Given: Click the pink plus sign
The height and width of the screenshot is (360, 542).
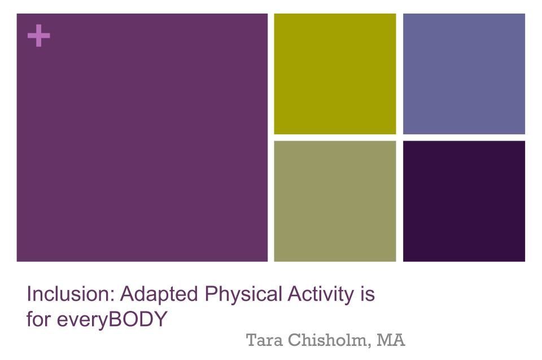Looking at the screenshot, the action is (x=39, y=35).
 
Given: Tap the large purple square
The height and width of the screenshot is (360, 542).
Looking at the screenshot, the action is (x=142, y=138).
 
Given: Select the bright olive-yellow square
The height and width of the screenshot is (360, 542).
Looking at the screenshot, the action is (x=335, y=73).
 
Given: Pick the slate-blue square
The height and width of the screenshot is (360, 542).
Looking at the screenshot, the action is (x=464, y=73).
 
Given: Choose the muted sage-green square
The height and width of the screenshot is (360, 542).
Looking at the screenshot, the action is (x=335, y=201).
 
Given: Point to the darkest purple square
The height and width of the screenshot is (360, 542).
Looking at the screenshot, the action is (x=464, y=201).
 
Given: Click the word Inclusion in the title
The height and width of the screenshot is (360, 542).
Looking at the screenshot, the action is (x=68, y=294).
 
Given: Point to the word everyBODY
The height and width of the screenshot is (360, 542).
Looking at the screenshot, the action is (x=112, y=319).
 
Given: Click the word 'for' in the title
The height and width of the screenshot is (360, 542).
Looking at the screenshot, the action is (x=38, y=319).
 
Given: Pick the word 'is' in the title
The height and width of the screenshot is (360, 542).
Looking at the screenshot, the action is (x=367, y=294).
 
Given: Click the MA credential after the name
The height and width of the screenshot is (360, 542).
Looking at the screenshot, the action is (x=391, y=340).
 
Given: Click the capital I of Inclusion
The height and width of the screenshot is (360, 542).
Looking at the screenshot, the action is (x=29, y=294).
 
